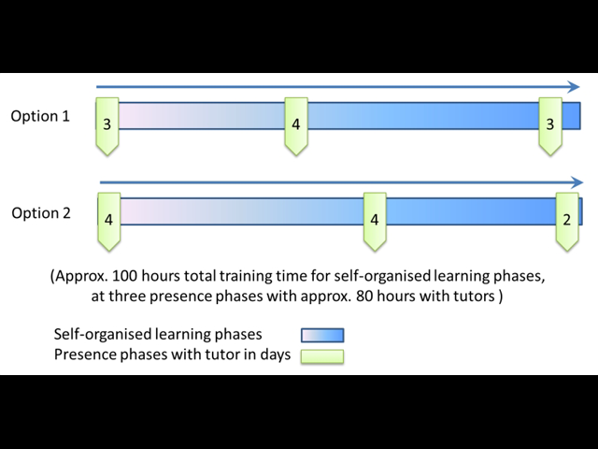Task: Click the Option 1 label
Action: [40, 116]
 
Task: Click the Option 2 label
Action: [41, 213]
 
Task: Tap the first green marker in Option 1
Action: [107, 126]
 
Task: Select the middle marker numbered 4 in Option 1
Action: [296, 126]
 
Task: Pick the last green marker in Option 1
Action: [550, 126]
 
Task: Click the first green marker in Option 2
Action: [109, 222]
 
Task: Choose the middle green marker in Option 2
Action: [375, 222]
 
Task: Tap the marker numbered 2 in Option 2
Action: [567, 222]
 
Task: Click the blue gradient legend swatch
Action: [322, 335]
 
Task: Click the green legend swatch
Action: [322, 355]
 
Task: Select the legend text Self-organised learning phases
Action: [158, 335]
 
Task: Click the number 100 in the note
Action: [124, 276]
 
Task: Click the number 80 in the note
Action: [365, 296]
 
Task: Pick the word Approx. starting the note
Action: [81, 276]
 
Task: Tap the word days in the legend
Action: [276, 355]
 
